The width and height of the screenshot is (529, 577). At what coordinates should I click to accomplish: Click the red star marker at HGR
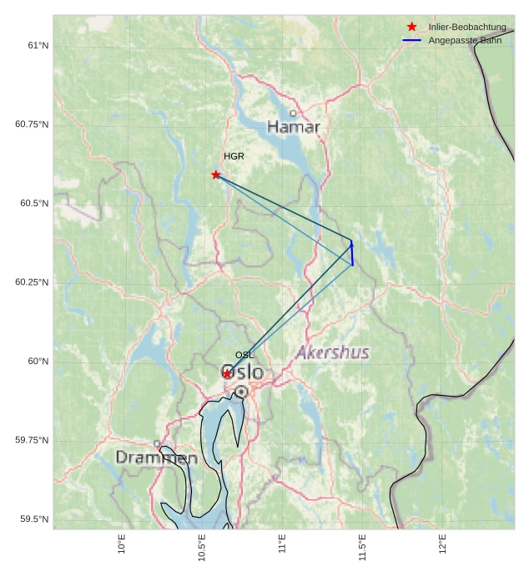click(x=216, y=175)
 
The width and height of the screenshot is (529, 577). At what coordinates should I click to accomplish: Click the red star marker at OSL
click(x=227, y=373)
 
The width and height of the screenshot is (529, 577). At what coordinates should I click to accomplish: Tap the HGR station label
click(x=234, y=156)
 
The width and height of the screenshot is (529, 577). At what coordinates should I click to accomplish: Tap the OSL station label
click(x=244, y=355)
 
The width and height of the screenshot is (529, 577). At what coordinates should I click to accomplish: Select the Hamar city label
click(x=294, y=127)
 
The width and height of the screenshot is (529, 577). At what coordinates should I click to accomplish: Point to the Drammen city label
click(x=156, y=458)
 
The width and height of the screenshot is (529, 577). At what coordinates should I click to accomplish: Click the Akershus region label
click(x=332, y=352)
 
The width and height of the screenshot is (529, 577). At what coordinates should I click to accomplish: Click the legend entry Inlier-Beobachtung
click(x=466, y=27)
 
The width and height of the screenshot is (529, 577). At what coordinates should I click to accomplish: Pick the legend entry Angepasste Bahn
click(x=465, y=40)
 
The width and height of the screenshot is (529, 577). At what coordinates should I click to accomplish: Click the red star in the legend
click(x=411, y=27)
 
